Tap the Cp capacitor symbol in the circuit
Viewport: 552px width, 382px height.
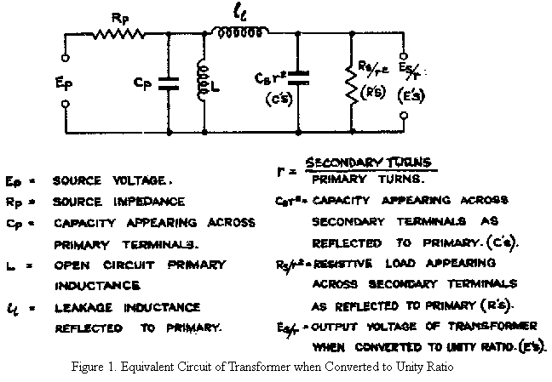click(170, 84)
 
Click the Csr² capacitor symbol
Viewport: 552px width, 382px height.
click(299, 79)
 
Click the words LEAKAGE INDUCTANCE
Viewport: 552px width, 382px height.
click(126, 306)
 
